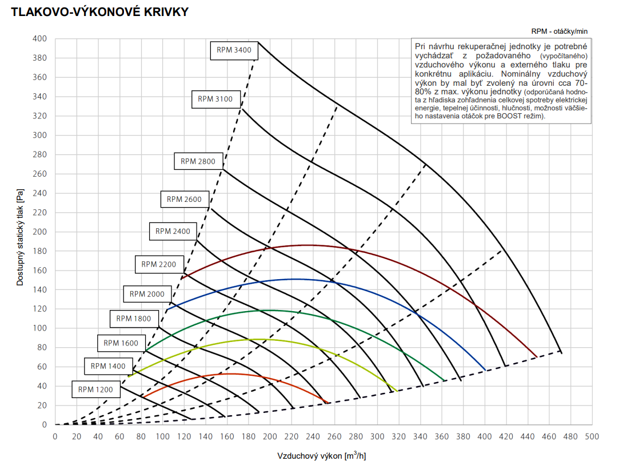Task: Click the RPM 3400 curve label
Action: (x=234, y=50)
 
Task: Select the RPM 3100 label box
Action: (x=215, y=99)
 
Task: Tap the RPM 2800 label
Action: (x=198, y=161)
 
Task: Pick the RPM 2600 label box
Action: (x=184, y=200)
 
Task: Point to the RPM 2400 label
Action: (x=173, y=232)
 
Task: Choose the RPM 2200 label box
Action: (x=159, y=264)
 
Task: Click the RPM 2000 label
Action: (x=147, y=294)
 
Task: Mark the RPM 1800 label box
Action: (x=134, y=319)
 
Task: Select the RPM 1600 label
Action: (x=121, y=343)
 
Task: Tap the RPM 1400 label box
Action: (x=108, y=366)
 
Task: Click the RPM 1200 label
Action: (x=95, y=390)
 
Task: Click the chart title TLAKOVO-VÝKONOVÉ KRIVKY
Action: (x=95, y=12)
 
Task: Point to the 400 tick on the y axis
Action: (x=39, y=39)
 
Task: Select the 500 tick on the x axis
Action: (x=592, y=436)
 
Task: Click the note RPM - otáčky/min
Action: (x=559, y=31)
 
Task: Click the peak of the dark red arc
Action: (x=307, y=245)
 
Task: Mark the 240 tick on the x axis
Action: (x=313, y=436)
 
